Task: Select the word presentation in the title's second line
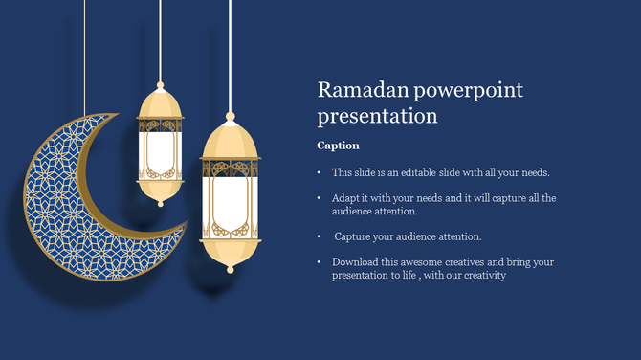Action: [377, 117]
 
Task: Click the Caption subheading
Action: [338, 146]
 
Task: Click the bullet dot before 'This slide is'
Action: [320, 173]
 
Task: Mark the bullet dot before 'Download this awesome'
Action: [320, 262]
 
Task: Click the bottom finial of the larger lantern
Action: [230, 267]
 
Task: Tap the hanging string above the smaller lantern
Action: [160, 38]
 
